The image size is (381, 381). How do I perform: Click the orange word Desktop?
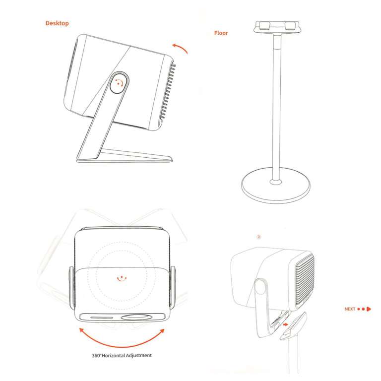[x=57, y=23]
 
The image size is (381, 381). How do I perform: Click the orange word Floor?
[x=221, y=33]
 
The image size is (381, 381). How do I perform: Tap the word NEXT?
[x=350, y=309]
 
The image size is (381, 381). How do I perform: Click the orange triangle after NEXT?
[x=369, y=309]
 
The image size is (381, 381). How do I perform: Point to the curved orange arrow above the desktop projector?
[x=181, y=48]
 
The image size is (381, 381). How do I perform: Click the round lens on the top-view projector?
[x=136, y=317]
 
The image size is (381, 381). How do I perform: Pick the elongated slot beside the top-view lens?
[x=100, y=317]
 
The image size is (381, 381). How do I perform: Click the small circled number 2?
[x=258, y=237]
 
